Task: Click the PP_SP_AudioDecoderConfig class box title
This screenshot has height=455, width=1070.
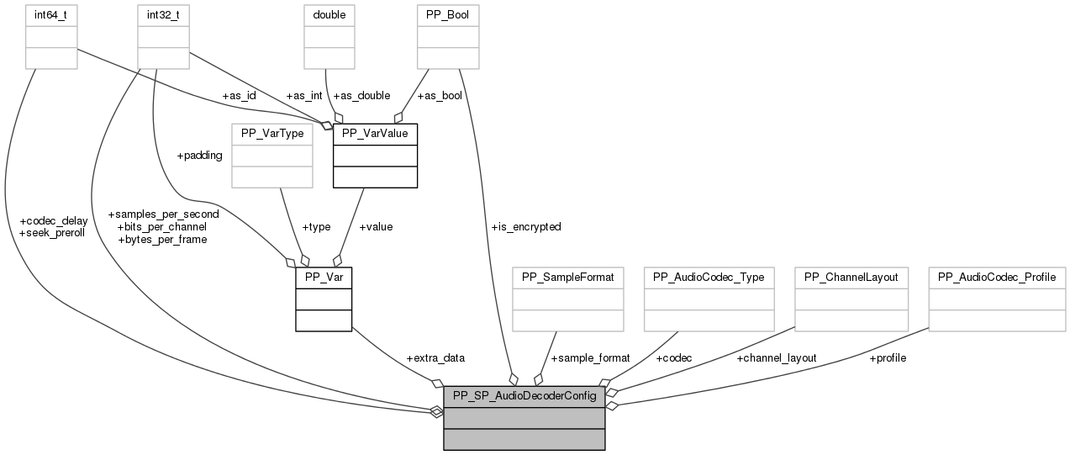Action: (524, 396)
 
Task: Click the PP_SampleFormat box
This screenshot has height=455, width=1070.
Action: (568, 277)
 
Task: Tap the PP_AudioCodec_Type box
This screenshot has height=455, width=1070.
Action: (709, 277)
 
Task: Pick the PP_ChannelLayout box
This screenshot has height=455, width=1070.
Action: (851, 277)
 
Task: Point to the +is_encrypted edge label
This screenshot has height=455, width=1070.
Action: (526, 227)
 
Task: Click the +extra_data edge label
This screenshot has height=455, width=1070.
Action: (435, 358)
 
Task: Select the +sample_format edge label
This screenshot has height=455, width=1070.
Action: (590, 358)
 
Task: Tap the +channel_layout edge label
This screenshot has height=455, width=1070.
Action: (777, 358)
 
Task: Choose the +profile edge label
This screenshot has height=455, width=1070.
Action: (888, 358)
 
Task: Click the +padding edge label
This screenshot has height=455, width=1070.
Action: (199, 156)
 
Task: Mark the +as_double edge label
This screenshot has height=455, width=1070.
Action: (361, 96)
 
